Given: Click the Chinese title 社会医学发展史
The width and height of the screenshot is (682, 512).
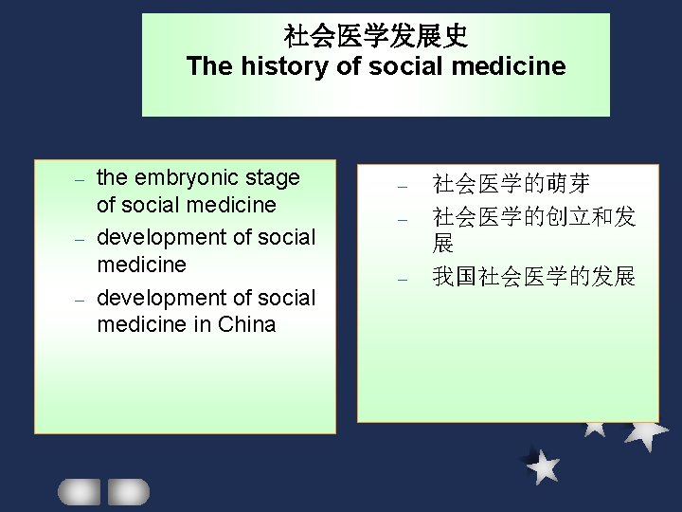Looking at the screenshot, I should tap(376, 37).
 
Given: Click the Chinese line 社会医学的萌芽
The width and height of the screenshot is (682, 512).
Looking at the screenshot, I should tap(511, 183).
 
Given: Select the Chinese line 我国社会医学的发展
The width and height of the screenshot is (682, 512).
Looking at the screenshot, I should tap(533, 277).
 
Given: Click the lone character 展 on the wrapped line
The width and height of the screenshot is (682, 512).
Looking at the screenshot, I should tap(443, 244).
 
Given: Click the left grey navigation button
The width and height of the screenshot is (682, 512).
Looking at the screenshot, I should tap(79, 491).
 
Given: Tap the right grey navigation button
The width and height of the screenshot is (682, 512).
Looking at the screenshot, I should tap(128, 491).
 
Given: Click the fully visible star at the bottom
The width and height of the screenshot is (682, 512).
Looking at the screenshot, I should tap(543, 466).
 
